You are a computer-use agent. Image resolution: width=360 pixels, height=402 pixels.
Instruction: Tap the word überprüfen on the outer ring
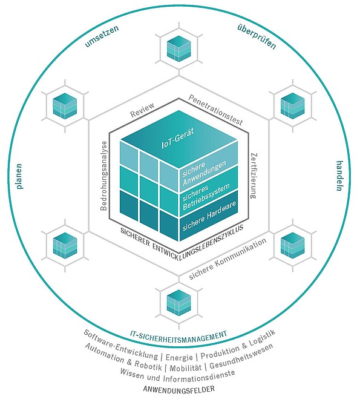click(257, 37)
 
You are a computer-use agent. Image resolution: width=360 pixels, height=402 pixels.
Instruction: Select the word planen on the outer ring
click(19, 177)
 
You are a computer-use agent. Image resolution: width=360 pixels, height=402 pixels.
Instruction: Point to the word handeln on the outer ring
click(339, 176)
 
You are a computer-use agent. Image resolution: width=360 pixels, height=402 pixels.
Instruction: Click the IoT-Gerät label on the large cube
click(177, 139)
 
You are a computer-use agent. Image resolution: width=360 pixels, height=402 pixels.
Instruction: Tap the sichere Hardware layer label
click(209, 216)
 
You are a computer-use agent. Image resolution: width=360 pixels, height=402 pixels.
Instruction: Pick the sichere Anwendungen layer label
click(205, 173)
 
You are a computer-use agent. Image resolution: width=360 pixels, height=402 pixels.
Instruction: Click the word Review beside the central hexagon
click(142, 110)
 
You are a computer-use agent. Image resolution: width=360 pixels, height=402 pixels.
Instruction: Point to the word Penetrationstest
click(215, 110)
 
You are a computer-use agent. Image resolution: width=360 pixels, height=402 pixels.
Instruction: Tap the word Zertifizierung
click(254, 176)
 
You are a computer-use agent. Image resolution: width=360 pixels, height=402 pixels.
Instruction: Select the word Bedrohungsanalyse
click(104, 176)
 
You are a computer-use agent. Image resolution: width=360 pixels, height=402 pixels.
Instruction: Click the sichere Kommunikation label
click(227, 259)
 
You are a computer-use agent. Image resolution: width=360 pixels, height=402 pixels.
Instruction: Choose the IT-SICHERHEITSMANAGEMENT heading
click(178, 335)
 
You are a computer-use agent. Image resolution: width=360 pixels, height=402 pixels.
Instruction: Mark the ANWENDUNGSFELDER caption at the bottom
click(179, 389)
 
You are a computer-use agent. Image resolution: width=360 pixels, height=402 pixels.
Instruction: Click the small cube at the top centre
click(179, 48)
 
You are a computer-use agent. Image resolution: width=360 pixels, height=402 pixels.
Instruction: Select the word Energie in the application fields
click(179, 357)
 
